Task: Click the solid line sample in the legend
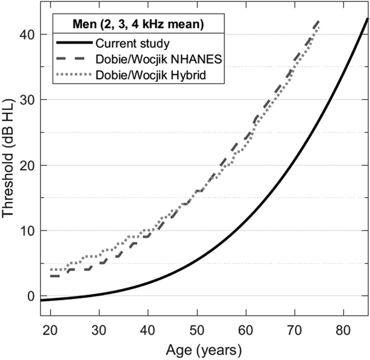tap(74, 42)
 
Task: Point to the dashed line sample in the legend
tap(74, 59)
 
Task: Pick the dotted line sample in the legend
tap(74, 75)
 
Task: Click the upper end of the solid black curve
tap(367, 18)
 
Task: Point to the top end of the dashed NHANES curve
tap(319, 20)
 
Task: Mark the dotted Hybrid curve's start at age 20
tap(51, 269)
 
